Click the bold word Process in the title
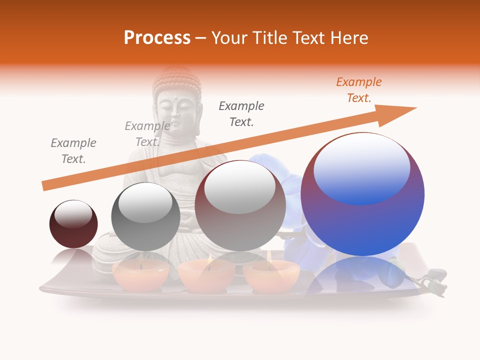click(157, 38)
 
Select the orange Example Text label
click(359, 90)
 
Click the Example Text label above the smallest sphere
click(73, 151)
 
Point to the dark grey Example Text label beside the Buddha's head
click(241, 114)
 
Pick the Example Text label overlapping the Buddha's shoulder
click(147, 134)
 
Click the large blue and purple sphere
click(362, 210)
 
